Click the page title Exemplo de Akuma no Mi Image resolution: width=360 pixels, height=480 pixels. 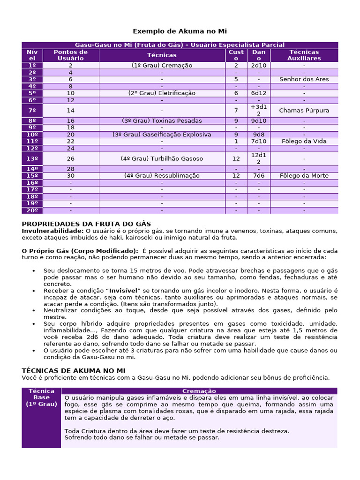tap(180, 31)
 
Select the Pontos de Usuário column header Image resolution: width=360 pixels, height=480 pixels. tap(70, 55)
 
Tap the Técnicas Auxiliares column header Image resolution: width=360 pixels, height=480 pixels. tap(304, 55)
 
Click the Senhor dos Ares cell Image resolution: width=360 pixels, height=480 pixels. tap(304, 79)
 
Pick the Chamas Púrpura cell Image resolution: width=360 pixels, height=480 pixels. tap(304, 111)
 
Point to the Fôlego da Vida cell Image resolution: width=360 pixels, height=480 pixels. tap(304, 141)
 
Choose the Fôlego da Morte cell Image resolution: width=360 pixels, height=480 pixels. tap(304, 176)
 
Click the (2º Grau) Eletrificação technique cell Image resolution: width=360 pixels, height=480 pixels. tap(162, 93)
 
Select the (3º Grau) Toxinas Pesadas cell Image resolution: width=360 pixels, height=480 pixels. tap(162, 120)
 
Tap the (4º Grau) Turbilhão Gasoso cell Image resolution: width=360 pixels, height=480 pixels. tap(162, 158)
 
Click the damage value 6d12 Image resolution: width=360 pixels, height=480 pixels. tap(258, 93)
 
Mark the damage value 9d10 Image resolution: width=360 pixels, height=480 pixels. tap(258, 120)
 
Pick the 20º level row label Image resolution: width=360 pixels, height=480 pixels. tap(32, 210)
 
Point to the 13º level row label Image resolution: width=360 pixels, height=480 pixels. tap(32, 158)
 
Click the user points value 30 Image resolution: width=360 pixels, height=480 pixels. tap(70, 176)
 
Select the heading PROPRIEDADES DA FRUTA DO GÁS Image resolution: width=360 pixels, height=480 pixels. tap(86, 224)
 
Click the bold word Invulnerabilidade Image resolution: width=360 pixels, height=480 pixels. tap(52, 231)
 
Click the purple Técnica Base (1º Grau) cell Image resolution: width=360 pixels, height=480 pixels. tap(41, 397)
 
